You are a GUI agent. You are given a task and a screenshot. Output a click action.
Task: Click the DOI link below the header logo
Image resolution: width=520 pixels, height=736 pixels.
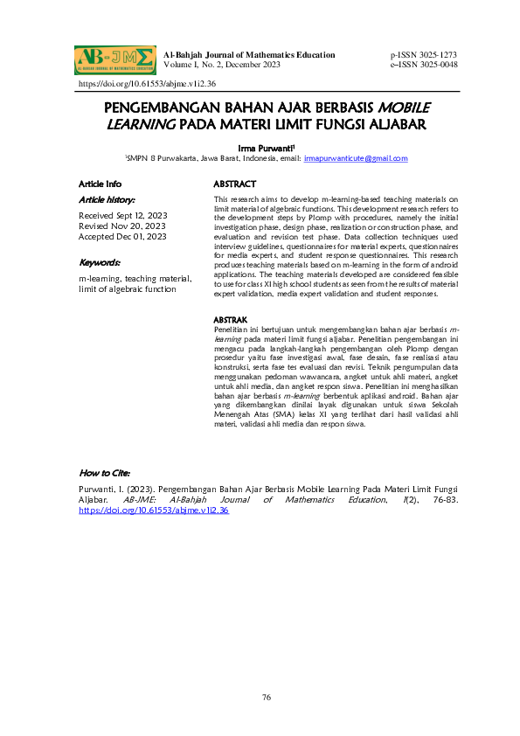point(147,84)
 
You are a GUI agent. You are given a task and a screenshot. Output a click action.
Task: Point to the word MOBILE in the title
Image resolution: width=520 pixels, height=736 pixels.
point(404,108)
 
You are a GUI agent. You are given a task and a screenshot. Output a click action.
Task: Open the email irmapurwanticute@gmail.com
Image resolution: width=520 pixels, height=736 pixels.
point(356,158)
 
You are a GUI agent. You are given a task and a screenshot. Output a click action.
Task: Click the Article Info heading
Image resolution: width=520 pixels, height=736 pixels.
point(101,184)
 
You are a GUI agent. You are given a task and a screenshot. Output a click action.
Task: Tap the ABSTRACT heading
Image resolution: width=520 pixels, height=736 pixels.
point(235,184)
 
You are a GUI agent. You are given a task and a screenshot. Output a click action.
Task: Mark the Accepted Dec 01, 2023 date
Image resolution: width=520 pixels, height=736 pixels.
point(123,236)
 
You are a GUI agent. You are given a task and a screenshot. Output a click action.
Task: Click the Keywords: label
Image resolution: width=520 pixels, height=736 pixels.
point(100,262)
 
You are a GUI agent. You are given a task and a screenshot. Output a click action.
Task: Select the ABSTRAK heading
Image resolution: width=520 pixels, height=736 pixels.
point(231,321)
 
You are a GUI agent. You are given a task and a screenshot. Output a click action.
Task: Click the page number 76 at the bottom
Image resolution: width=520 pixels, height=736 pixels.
point(267,697)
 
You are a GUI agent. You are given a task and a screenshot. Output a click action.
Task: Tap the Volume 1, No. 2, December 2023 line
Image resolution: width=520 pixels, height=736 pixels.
point(221,65)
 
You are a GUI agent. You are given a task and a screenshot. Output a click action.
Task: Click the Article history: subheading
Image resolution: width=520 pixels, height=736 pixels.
point(107,200)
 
